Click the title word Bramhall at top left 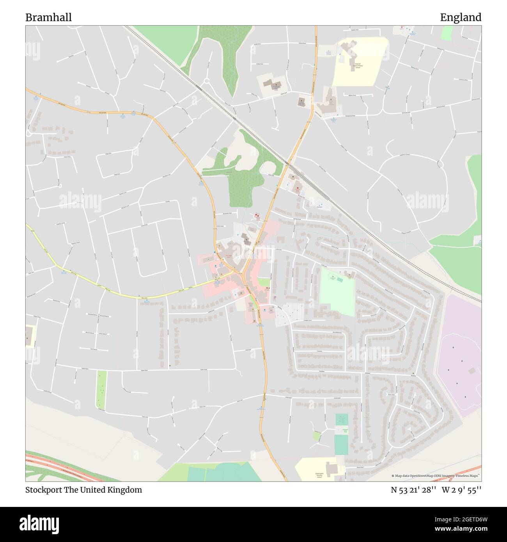pos(48,18)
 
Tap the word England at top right pos(461,18)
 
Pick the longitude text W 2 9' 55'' pos(461,490)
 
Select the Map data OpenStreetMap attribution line pos(436,476)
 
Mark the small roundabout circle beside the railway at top pos(206,81)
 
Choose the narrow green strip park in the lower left pos(101,390)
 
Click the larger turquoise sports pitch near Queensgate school pos(341,445)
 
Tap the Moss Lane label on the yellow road pos(144,298)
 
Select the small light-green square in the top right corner pos(446,33)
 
